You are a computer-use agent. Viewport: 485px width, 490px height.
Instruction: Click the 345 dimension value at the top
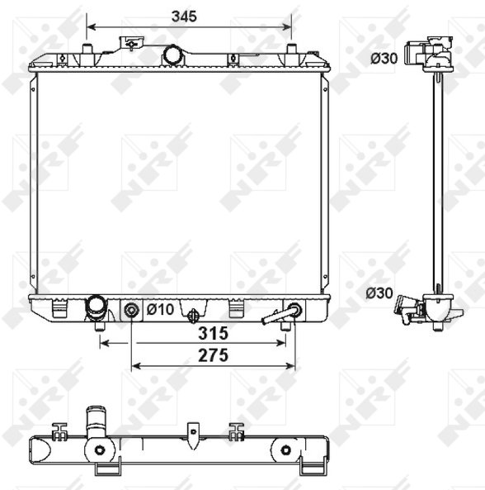[x=184, y=17]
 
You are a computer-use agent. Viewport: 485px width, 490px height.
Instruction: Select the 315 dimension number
[x=214, y=334]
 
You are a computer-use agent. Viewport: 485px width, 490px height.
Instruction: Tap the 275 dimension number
[x=214, y=355]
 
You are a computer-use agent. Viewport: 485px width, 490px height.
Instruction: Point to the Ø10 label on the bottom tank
[x=160, y=309]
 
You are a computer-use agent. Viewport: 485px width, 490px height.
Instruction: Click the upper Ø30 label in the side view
[x=384, y=59]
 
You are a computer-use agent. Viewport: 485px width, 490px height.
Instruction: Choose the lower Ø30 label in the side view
[x=379, y=293]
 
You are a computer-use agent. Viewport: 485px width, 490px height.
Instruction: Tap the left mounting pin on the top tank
[x=87, y=50]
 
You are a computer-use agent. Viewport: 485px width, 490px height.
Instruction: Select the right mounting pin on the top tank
[x=291, y=50]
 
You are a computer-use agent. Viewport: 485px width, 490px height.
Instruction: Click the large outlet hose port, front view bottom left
[x=96, y=308]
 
